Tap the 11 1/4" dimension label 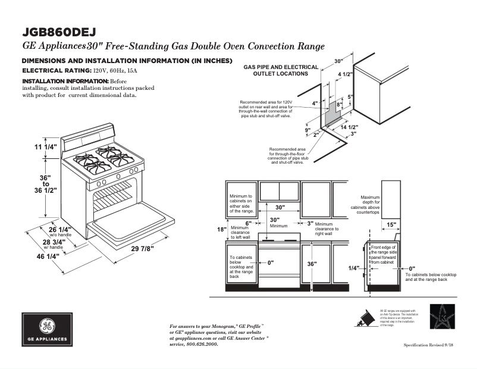point(46,147)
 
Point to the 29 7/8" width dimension point(143,248)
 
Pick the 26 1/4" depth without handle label point(59,229)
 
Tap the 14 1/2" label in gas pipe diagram point(349,127)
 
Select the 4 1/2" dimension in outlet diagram point(346,74)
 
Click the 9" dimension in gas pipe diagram point(307,129)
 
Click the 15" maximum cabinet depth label point(391,224)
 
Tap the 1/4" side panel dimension point(354,268)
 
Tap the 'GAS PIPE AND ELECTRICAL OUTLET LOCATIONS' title point(281,70)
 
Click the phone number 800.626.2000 point(202,345)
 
